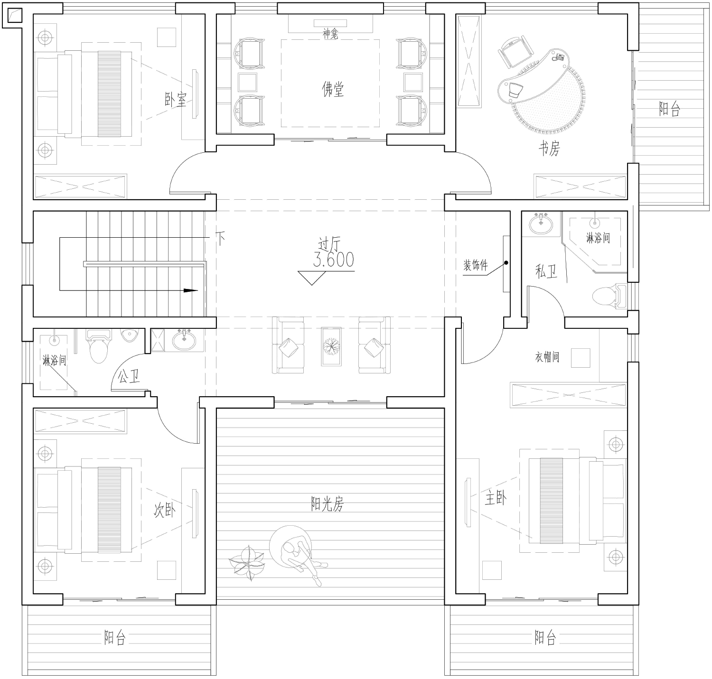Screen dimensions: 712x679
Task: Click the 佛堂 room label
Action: tap(333, 89)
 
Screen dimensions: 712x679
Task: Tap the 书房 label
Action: tap(549, 148)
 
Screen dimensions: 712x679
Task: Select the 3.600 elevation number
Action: tap(334, 260)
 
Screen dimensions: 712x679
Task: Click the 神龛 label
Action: tap(330, 35)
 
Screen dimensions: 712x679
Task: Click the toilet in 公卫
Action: tap(98, 346)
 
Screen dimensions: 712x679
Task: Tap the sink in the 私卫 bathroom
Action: tap(541, 224)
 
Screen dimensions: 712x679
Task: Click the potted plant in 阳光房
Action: tap(247, 564)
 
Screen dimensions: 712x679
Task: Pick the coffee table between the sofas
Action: tap(331, 346)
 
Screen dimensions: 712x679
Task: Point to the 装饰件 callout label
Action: tap(476, 265)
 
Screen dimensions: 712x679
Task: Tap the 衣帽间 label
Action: tap(547, 357)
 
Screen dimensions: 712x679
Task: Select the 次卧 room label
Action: tap(164, 510)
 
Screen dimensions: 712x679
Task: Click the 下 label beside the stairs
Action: tap(220, 238)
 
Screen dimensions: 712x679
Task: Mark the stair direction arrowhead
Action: tap(190, 290)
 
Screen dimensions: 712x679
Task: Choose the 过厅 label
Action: tap(329, 244)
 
